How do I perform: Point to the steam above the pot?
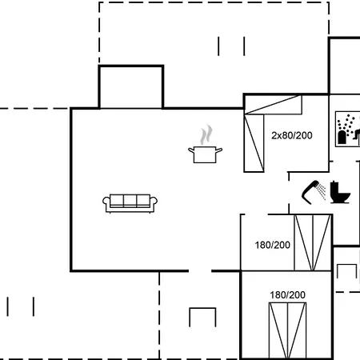coord(206,133)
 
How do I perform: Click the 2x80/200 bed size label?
coord(291,135)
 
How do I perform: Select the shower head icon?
coord(309,190)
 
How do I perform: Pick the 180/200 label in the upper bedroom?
coord(272,245)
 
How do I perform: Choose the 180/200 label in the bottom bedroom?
coord(287,295)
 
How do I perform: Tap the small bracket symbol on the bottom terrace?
coord(202,317)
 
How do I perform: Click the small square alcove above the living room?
coord(130,87)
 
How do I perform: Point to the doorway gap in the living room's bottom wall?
coord(200,271)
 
